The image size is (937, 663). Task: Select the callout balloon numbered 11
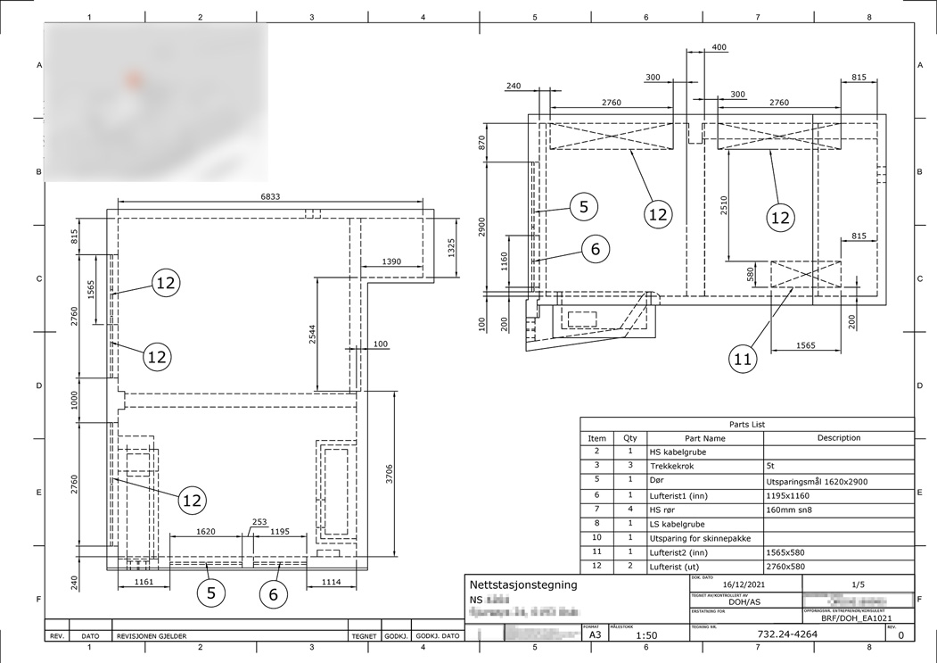[x=743, y=360]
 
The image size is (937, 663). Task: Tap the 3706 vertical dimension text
[x=389, y=475]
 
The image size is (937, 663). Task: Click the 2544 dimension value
[x=311, y=334]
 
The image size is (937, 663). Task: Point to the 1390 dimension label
[x=390, y=261]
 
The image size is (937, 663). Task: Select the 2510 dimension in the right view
[x=723, y=205]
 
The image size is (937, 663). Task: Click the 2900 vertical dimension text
[x=482, y=226]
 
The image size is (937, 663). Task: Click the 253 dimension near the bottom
[x=259, y=522]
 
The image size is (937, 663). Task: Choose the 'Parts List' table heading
[x=746, y=425]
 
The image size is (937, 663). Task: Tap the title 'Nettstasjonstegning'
[x=522, y=585]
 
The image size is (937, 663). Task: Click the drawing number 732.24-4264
[x=786, y=634]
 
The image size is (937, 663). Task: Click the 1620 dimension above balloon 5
[x=205, y=531]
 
